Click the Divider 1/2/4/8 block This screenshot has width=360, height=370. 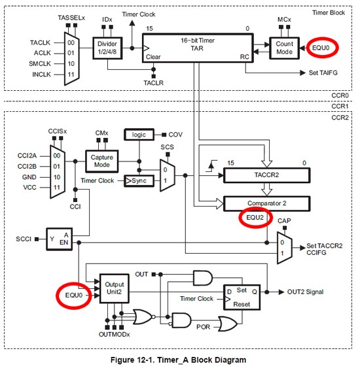pyautogui.click(x=107, y=48)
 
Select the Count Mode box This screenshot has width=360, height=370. pyautogui.click(x=285, y=48)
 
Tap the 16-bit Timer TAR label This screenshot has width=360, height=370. pyautogui.click(x=198, y=44)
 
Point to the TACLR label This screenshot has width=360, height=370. pyautogui.click(x=154, y=83)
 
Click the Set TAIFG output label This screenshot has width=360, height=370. pyautogui.click(x=323, y=73)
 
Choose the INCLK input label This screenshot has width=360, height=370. pyautogui.click(x=42, y=75)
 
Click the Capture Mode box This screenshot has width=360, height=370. pyautogui.click(x=102, y=161)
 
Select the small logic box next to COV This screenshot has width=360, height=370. pyautogui.click(x=139, y=135)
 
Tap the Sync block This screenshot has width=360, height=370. pyautogui.click(x=139, y=181)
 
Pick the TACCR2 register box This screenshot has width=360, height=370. pyautogui.click(x=266, y=175)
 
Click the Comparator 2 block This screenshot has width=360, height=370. pyautogui.click(x=266, y=203)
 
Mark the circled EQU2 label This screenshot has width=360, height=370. pyautogui.click(x=255, y=217)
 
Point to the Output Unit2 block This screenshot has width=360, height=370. pyautogui.click(x=115, y=288)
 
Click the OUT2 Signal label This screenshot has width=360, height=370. pyautogui.click(x=305, y=292)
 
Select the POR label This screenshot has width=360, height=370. pyautogui.click(x=203, y=327)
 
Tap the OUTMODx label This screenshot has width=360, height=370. pyautogui.click(x=115, y=334)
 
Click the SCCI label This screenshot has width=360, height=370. pyautogui.click(x=24, y=239)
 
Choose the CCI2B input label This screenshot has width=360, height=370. pyautogui.click(x=27, y=166)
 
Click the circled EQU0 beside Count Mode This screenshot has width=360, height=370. pyautogui.click(x=321, y=48)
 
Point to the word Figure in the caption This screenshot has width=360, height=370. pyautogui.click(x=122, y=360)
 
